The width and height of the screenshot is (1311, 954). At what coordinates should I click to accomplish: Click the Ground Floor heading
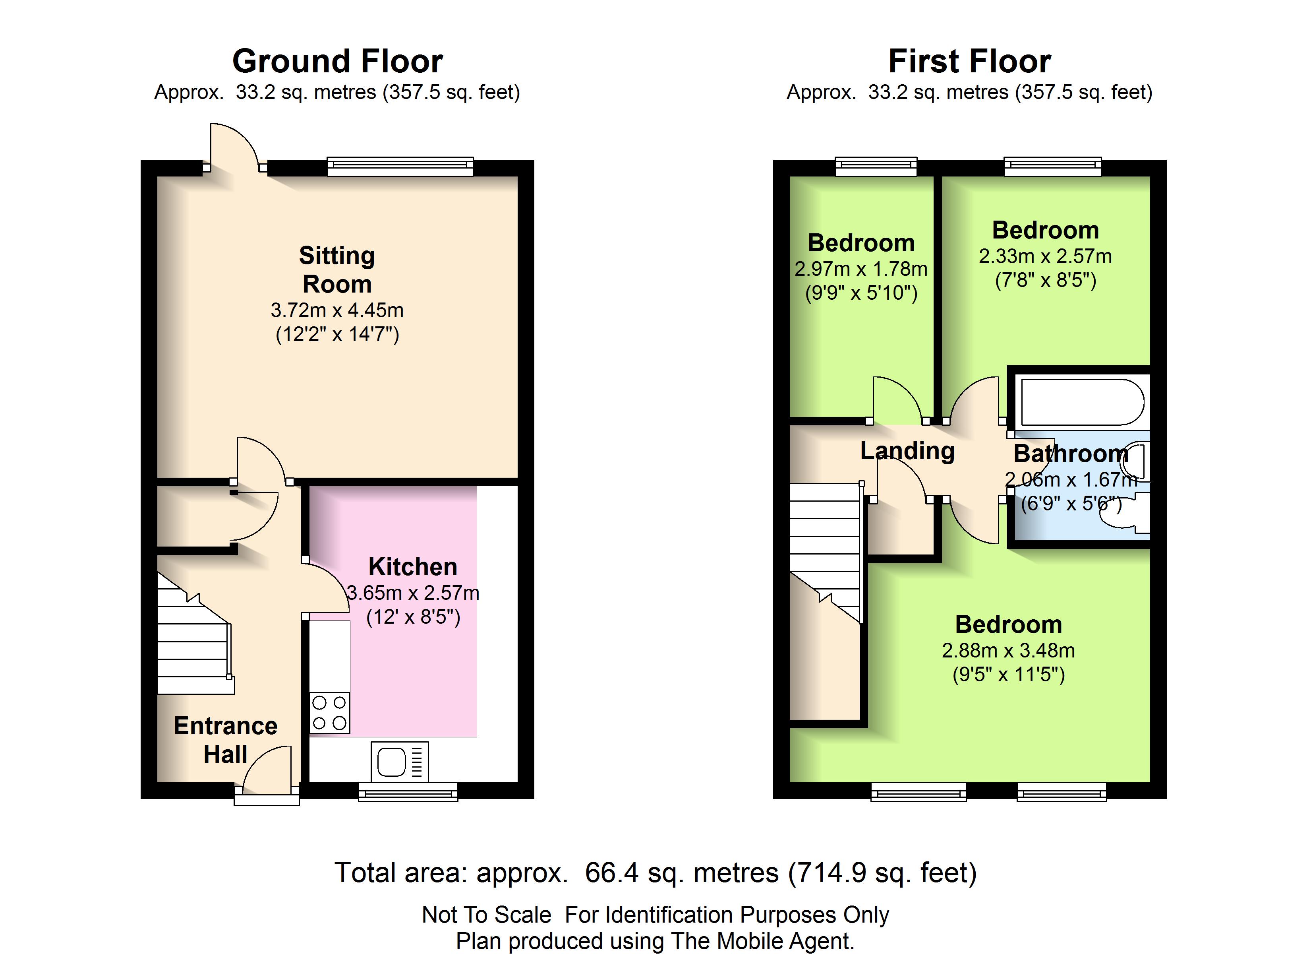coord(338,61)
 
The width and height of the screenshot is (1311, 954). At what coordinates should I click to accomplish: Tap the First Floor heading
coord(969,61)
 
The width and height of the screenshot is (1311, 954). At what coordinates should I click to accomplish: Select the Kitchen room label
coord(413,567)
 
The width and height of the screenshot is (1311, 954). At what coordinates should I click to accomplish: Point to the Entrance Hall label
coord(225,740)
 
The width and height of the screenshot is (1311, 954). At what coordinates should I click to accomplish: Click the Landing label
coord(907,451)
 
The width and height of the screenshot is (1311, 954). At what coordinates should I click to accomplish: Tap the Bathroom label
coord(1071,454)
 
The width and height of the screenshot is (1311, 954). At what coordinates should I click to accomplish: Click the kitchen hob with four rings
coord(329,713)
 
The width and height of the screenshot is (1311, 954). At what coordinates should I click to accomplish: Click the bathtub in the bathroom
coord(1082,402)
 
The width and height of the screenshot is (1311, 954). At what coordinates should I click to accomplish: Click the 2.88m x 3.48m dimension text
coord(1009,651)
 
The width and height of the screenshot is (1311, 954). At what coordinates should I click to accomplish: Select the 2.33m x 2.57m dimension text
coord(1045,256)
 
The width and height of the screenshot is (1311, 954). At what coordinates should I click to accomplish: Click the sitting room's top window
coord(400,166)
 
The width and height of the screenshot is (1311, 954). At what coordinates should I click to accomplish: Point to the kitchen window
coord(408,792)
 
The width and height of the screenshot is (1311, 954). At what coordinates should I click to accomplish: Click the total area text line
coord(655,873)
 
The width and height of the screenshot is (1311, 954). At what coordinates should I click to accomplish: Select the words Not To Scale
coord(487,915)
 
